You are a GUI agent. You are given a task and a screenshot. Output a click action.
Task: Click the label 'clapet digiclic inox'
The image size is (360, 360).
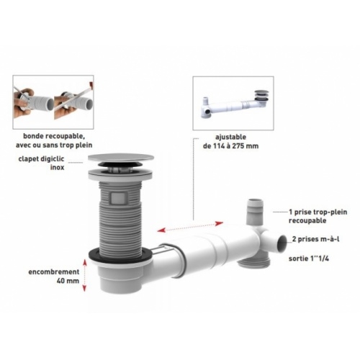click(x=41, y=163)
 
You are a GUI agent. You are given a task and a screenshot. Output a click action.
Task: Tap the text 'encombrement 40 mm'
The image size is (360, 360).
click(x=54, y=276)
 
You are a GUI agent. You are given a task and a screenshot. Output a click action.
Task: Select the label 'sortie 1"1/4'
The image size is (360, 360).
click(x=309, y=258)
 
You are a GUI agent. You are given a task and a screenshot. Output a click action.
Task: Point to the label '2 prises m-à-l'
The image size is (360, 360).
click(x=315, y=239)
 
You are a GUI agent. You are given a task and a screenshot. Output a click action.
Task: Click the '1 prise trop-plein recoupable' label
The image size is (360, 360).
click(x=318, y=216)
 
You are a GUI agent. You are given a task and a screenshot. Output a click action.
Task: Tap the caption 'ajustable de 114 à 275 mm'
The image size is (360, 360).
click(x=230, y=141)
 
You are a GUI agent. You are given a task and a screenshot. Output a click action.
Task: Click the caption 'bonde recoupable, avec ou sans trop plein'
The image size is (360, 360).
click(x=54, y=140)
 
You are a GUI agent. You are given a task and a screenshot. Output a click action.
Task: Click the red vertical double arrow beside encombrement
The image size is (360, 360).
click(x=84, y=275)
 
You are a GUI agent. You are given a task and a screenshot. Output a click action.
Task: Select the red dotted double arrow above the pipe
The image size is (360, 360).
click(x=190, y=227)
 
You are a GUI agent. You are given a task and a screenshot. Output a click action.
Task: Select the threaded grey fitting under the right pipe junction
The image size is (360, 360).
click(x=254, y=262)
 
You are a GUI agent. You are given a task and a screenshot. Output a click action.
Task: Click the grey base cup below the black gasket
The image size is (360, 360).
click(x=117, y=277)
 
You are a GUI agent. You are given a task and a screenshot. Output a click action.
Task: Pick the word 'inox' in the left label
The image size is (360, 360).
click(x=57, y=167)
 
